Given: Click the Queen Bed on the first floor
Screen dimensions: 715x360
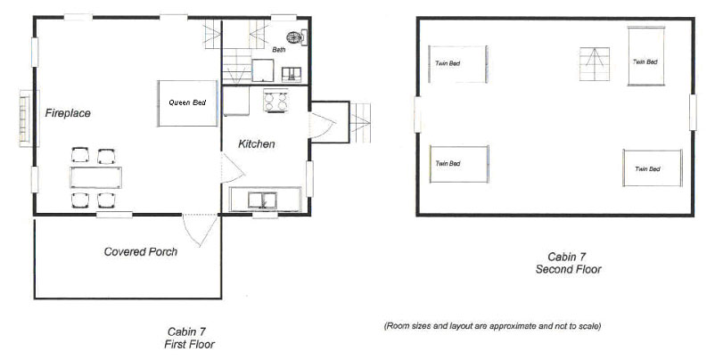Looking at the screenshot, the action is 188,103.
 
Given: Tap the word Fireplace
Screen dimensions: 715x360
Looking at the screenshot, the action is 68,113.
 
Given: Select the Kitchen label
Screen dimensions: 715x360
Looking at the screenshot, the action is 256,144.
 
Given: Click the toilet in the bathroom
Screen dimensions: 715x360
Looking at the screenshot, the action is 296,37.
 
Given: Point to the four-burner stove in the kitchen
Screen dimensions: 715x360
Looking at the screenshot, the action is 275,101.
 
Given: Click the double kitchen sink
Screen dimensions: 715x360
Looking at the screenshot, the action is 262,200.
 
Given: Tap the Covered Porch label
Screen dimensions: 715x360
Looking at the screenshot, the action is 141,251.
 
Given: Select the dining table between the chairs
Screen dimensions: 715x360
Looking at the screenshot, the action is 95,177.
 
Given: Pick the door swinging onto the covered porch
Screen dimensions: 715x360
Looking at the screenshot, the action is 200,230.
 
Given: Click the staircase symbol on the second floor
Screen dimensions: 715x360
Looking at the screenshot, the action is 595,64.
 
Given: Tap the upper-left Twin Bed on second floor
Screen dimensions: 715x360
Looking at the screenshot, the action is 458,64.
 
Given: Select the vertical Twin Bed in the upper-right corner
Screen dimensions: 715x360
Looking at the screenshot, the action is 645,56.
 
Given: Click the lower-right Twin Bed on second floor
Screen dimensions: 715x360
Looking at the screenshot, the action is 653,168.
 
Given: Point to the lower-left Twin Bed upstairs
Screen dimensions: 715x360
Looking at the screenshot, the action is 459,164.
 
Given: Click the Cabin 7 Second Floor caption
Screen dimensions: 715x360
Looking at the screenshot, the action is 568,263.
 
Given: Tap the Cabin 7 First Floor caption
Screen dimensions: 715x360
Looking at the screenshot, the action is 189,338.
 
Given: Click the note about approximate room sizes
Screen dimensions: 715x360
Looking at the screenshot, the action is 492,326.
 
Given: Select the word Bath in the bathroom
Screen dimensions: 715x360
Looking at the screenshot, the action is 279,49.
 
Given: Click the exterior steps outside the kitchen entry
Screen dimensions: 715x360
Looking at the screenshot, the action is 360,123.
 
